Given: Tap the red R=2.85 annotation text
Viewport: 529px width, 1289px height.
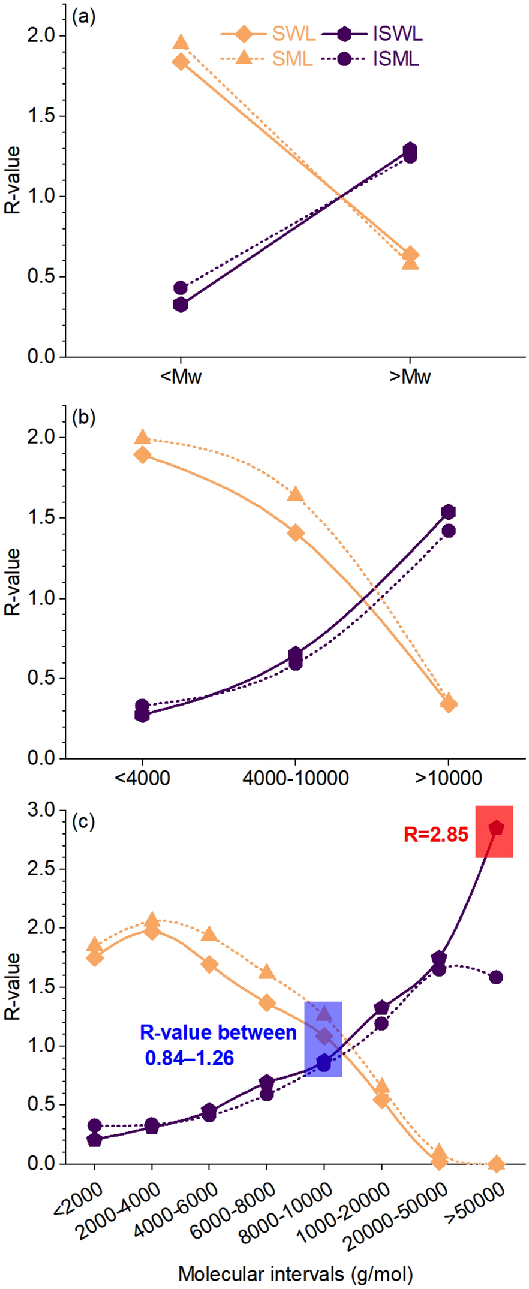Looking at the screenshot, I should click(435, 835).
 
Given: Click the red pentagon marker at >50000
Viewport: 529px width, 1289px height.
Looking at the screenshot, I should click(496, 829).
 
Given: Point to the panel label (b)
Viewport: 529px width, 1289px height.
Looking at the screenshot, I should click(83, 417).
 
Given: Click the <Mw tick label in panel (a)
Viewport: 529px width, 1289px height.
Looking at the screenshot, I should click(181, 377).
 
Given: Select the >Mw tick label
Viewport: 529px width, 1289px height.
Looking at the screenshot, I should click(410, 377).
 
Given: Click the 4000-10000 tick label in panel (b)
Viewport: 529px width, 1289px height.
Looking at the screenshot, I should click(295, 779).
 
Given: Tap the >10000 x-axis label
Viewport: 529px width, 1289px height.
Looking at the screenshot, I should click(449, 779).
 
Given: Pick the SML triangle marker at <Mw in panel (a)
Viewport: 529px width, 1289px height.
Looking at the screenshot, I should click(181, 42).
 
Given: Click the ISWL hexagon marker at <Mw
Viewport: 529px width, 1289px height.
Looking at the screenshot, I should click(181, 305).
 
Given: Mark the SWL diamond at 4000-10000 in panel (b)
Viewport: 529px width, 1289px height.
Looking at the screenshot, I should click(295, 532).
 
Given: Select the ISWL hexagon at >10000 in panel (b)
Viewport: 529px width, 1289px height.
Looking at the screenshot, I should click(449, 511).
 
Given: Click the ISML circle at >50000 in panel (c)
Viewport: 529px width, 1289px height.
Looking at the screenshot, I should click(496, 977).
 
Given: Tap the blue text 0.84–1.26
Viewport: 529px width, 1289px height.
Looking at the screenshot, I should click(189, 1058).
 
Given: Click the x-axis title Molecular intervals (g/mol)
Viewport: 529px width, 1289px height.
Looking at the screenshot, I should click(295, 1273).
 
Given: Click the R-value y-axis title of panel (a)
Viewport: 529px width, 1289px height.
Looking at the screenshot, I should click(13, 180).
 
